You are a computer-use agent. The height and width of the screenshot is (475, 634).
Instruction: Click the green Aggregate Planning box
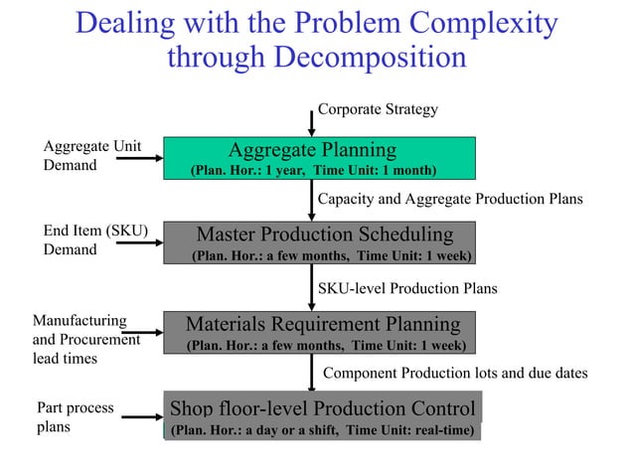319,158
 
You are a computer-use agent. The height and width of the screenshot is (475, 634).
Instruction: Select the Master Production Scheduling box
319,243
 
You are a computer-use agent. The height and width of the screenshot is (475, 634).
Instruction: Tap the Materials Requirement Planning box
319,333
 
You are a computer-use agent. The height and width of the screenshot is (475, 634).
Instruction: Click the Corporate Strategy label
378,108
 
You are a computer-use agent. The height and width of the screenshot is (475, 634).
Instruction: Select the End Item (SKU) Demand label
95,240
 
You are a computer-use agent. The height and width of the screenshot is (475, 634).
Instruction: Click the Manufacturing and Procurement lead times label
85,339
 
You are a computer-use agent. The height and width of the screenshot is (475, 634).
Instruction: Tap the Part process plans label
75,416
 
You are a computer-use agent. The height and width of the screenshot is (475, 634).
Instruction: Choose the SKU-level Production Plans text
407,288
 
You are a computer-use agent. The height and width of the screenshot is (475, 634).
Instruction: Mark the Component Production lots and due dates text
455,374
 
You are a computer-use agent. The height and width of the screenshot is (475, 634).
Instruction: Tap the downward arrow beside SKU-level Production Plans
312,290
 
